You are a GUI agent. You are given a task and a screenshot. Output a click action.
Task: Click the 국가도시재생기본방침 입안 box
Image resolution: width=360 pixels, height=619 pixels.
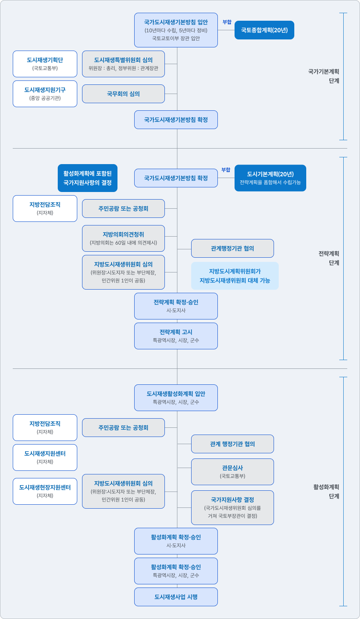[176, 30]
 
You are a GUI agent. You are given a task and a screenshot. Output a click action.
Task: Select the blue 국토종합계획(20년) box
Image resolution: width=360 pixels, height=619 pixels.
[264, 30]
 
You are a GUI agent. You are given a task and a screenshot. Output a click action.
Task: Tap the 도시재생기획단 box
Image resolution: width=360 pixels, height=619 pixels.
[45, 64]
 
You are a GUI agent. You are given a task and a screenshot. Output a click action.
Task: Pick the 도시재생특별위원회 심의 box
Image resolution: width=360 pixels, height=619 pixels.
[123, 64]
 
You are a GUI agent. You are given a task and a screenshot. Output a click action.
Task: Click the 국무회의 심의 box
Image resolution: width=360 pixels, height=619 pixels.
[123, 94]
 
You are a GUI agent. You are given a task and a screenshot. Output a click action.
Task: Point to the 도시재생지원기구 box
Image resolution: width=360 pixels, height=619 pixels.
[45, 94]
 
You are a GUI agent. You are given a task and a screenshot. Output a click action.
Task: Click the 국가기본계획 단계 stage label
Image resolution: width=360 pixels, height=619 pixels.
[323, 76]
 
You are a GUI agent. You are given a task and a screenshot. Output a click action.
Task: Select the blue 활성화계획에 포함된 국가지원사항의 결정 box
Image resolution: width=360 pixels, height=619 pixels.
[88, 178]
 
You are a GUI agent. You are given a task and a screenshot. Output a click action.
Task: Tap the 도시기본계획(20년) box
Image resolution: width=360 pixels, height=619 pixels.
[270, 178]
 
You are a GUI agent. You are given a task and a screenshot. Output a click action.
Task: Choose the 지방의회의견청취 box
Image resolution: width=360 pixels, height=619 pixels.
[123, 238]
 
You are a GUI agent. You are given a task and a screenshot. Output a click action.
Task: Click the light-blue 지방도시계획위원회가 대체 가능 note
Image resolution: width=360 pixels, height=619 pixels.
[235, 276]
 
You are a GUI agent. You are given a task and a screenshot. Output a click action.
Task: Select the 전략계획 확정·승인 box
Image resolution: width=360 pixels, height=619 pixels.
[176, 306]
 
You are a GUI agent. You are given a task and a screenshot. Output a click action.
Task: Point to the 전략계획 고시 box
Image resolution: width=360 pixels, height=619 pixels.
[176, 336]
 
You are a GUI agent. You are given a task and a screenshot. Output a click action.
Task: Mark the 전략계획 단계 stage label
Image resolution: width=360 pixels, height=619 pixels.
[329, 258]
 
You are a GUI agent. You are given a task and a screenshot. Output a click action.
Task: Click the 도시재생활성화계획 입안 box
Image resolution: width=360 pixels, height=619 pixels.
[176, 398]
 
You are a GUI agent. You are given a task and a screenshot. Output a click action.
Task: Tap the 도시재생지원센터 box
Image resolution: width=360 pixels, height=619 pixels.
[45, 457]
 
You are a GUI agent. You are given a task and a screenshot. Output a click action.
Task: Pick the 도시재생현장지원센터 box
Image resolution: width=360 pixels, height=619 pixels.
[45, 491]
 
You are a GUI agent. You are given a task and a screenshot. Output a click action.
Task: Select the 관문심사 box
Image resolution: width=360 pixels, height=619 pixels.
[233, 472]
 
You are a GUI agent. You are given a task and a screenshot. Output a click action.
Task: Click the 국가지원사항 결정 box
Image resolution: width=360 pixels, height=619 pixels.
[233, 507]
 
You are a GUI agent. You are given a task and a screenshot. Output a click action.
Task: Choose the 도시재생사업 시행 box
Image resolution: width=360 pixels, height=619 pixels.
[176, 597]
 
